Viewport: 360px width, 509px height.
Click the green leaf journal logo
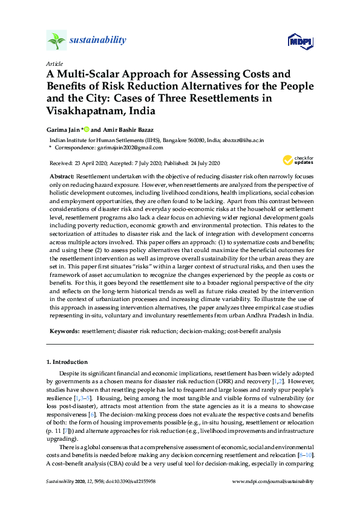coord(56,41)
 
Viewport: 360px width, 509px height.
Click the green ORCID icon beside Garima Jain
coord(87,129)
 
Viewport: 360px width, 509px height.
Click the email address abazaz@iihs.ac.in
coord(242,139)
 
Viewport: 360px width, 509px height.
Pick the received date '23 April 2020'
coord(91,163)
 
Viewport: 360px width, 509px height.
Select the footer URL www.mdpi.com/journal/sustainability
coord(273,481)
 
